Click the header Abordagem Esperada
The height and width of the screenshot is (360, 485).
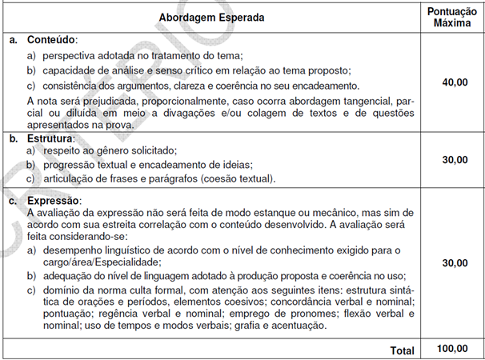[x=211, y=17]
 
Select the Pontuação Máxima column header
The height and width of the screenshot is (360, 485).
[x=452, y=17]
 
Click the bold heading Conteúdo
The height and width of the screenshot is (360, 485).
[x=50, y=39]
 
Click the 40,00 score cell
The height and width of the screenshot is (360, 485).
[x=452, y=82]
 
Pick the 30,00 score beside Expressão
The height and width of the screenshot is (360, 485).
[x=452, y=262]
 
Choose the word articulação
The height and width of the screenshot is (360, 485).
[x=71, y=178]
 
